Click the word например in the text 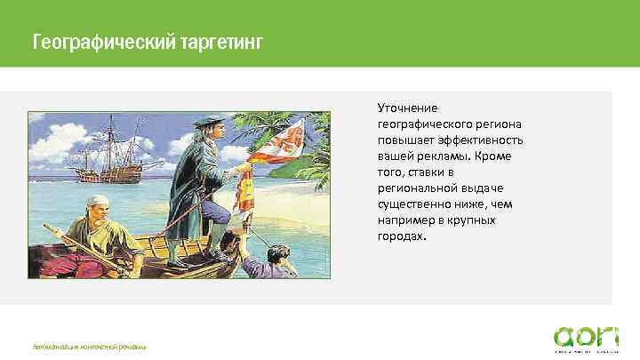tap(412, 220)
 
